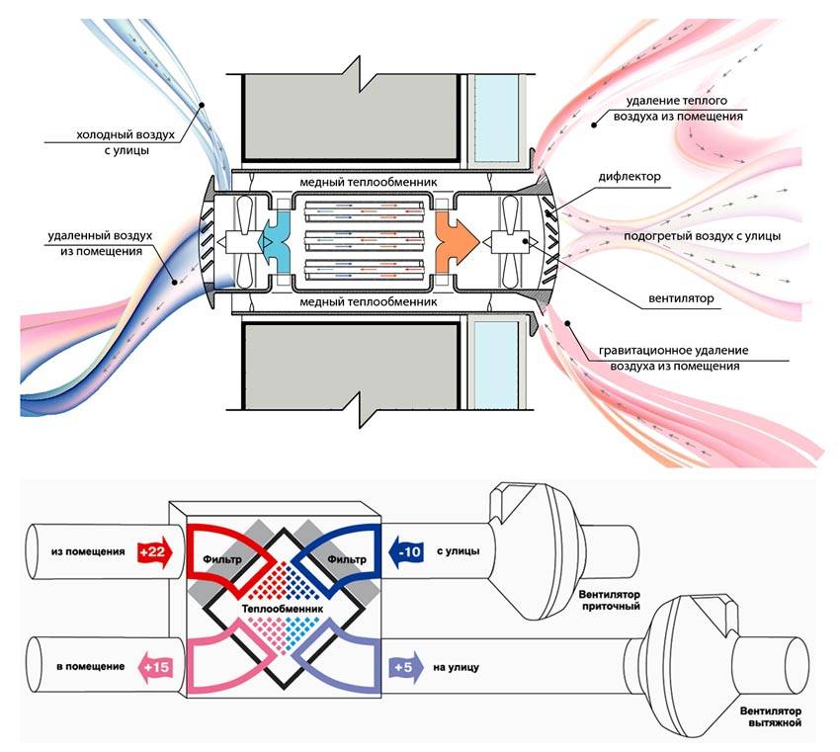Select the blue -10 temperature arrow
(x=407, y=550)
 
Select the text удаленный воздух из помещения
(x=94, y=244)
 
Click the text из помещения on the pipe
(x=87, y=550)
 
